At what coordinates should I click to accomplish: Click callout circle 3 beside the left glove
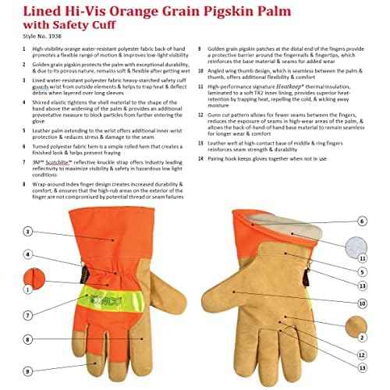pos(28,232)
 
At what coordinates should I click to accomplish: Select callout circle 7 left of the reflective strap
pos(28,315)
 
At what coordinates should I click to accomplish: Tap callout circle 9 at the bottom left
pos(28,362)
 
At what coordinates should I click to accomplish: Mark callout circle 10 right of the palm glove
pos(361,303)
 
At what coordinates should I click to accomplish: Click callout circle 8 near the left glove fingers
pos(28,339)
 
